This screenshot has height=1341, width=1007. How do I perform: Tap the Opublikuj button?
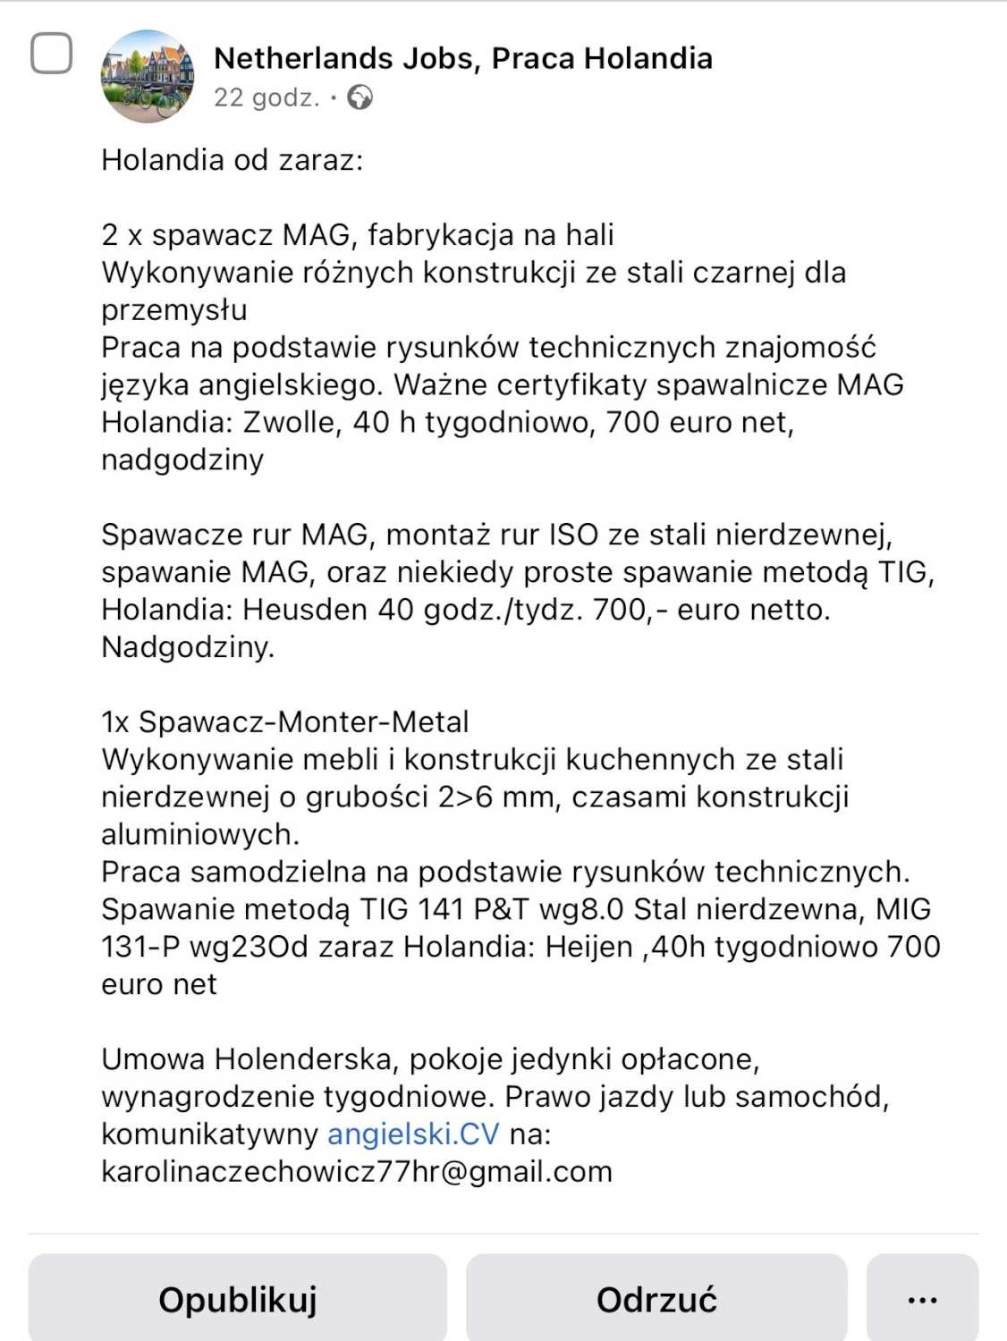(x=237, y=1298)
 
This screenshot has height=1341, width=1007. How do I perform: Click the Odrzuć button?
(x=656, y=1298)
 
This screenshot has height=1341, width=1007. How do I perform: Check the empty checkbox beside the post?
(x=52, y=54)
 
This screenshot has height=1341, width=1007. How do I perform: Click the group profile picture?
(x=148, y=76)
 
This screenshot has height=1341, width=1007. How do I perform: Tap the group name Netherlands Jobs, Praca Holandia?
(x=462, y=58)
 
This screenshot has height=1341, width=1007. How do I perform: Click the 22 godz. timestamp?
(x=267, y=97)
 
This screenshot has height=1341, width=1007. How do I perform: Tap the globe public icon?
(x=360, y=97)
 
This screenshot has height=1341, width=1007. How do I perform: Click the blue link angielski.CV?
(x=413, y=1134)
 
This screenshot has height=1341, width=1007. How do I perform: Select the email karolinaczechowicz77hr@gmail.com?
(x=357, y=1171)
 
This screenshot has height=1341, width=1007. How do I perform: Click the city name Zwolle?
(x=291, y=422)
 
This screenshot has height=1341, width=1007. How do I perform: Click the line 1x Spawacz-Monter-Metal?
(x=285, y=721)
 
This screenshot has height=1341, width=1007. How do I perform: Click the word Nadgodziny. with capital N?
(x=188, y=646)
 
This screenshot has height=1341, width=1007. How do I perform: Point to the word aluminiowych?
(x=200, y=834)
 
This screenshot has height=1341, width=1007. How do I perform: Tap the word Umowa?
(x=153, y=1059)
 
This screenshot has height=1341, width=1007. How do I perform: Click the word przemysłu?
(x=174, y=310)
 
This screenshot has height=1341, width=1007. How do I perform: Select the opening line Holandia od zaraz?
(x=233, y=160)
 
